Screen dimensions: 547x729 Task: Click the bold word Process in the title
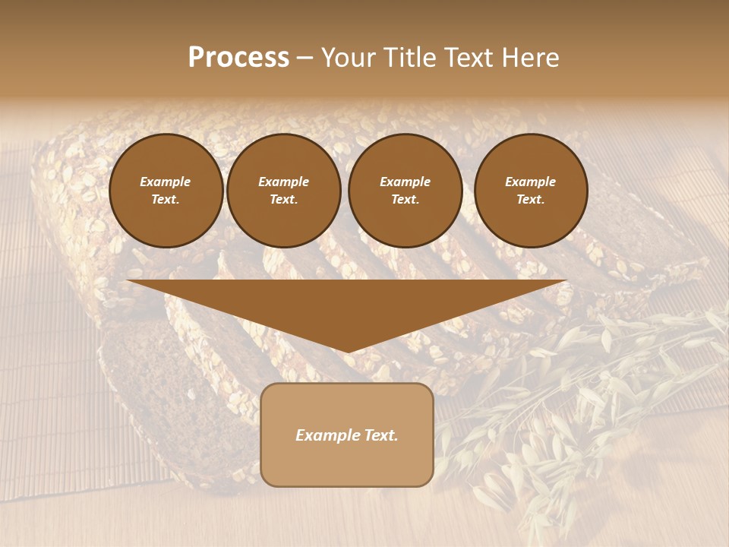pos(238,58)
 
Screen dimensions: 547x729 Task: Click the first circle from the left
pos(166,191)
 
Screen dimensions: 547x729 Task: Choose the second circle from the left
pos(283,191)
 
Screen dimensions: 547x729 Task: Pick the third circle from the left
pos(405,191)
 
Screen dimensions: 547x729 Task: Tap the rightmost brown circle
pos(531,191)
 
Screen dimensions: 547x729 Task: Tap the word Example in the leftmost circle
pos(166,182)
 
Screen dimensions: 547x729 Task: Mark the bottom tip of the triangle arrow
pos(348,351)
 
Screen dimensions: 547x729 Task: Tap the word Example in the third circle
pos(405,182)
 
